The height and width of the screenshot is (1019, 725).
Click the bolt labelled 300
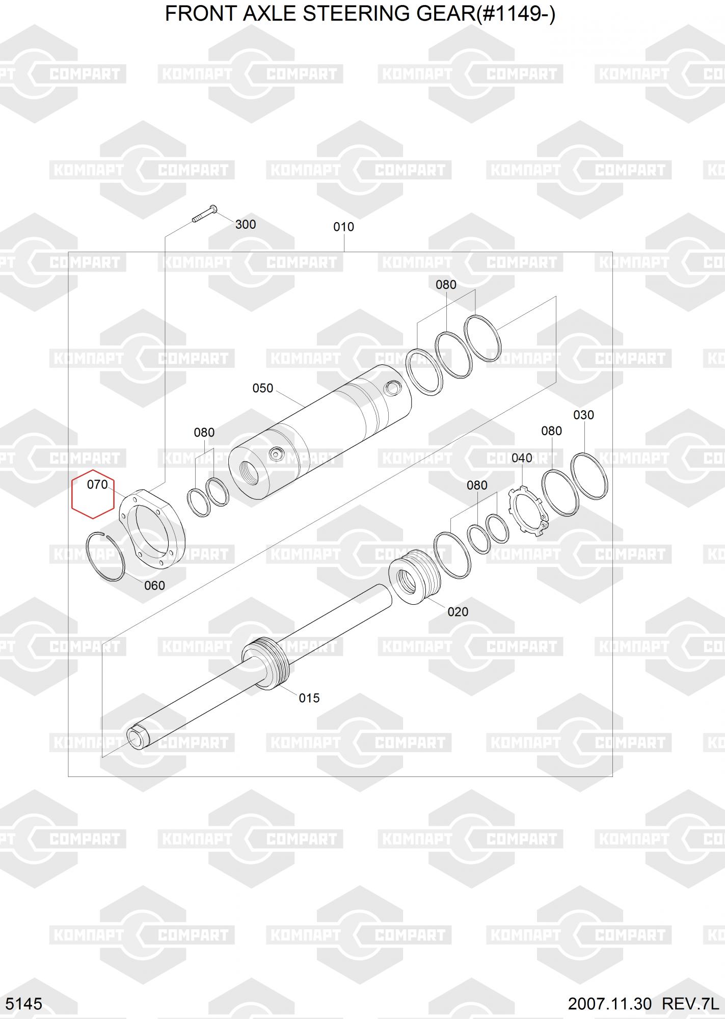[205, 213]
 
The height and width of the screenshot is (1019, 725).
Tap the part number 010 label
[343, 227]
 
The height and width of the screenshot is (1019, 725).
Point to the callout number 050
[263, 388]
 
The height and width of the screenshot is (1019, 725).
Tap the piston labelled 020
[411, 578]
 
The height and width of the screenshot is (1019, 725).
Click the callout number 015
[309, 698]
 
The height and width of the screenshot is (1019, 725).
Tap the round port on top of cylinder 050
[392, 388]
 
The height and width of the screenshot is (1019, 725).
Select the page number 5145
[24, 1004]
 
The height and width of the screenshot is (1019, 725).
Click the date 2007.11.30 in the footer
[610, 1004]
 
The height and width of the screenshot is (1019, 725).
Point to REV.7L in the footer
[690, 1004]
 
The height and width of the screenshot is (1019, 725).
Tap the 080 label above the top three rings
[446, 285]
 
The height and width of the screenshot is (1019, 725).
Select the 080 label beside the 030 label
[551, 431]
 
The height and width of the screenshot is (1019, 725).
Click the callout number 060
[154, 586]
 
